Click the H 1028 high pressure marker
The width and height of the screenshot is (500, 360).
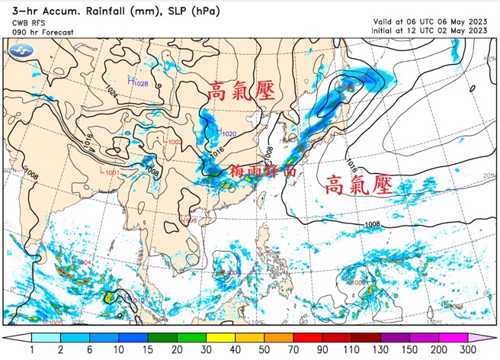pos(138,81)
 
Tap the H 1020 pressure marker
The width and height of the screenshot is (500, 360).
pos(226,133)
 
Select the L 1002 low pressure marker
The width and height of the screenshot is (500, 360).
pos(173,141)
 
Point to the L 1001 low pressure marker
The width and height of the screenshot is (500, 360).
pos(110,173)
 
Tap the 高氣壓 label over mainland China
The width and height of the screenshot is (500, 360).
pos(242,93)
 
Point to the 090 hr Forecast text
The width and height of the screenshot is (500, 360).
pos(43,32)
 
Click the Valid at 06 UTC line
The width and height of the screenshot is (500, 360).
pos(430,21)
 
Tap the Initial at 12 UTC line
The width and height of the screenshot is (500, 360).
pos(430,31)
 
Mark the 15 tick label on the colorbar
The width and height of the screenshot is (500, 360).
pos(149,349)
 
